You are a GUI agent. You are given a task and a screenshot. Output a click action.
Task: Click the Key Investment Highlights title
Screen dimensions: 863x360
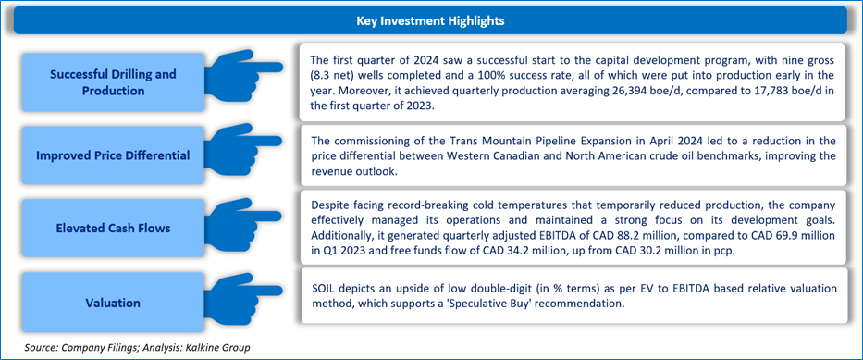[x=431, y=21]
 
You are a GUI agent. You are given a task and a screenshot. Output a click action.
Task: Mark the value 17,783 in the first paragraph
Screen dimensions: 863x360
[x=717, y=91]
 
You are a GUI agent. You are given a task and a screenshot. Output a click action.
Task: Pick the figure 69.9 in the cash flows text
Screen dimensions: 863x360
[x=766, y=235]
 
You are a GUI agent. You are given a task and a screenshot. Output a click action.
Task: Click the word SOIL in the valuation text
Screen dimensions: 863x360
[x=323, y=290]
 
